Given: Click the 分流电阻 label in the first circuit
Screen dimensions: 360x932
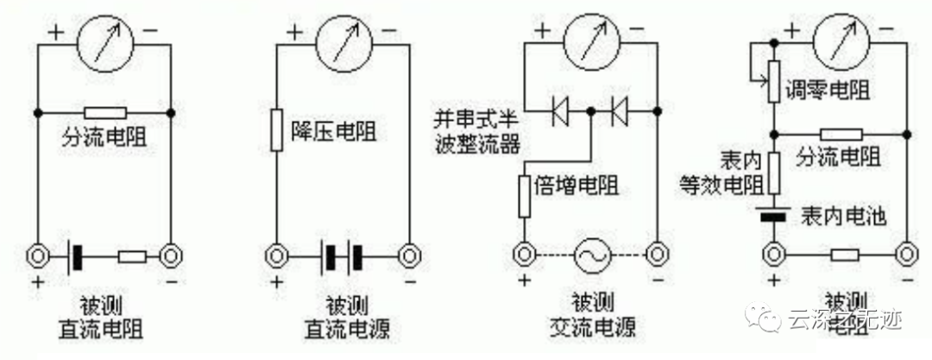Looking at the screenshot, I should [104, 135].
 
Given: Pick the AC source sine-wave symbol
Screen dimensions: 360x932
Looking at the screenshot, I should [591, 255].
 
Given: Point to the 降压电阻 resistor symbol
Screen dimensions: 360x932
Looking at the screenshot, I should [275, 130].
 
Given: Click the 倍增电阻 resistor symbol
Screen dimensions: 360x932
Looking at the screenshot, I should [524, 195].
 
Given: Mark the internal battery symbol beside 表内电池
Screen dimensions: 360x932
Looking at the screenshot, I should [775, 213].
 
